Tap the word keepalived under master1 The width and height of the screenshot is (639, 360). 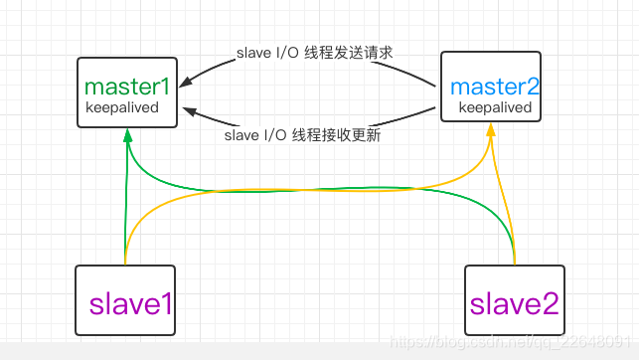pos(122,107)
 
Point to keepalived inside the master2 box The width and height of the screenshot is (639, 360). pos(495,107)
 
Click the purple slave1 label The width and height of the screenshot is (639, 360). pos(131,303)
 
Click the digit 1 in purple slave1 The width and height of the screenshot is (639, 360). pos(165,303)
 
